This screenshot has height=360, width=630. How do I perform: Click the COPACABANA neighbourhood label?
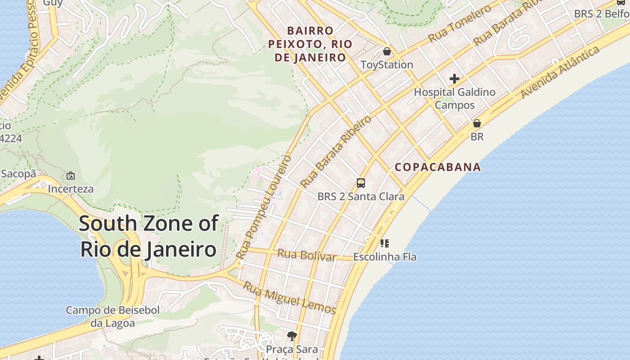(437, 167)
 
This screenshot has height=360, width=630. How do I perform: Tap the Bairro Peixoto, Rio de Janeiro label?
(310, 44)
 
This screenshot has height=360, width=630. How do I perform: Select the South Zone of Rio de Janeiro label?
(148, 236)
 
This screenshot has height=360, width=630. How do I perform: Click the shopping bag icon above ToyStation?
(387, 52)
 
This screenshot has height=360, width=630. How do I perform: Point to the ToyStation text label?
(387, 65)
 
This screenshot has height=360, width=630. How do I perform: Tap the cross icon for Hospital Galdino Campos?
(454, 79)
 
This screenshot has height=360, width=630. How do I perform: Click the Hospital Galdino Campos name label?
(454, 99)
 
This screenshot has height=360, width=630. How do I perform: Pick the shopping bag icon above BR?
(477, 123)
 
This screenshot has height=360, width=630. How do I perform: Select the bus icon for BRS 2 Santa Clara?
(361, 183)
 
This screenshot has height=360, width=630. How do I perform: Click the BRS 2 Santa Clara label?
(361, 197)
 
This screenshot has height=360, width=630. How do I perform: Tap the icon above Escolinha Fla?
(384, 243)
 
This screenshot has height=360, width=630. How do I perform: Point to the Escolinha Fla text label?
(385, 257)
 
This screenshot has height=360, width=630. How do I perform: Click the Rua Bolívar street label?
(306, 255)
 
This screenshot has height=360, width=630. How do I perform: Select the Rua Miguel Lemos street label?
(289, 298)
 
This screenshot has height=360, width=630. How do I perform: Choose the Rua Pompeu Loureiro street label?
(264, 207)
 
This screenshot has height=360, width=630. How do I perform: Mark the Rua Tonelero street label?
(459, 24)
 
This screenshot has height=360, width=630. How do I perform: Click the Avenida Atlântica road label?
(560, 72)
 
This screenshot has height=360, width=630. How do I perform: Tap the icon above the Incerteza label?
(71, 176)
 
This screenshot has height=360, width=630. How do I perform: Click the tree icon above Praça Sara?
(292, 336)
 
